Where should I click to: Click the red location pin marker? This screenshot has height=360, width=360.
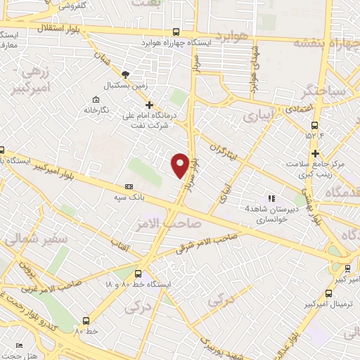click(x=180, y=164)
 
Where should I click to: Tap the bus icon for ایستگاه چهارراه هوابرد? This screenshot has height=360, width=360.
click(x=176, y=32)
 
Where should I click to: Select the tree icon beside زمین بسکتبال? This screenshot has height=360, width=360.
click(x=126, y=73)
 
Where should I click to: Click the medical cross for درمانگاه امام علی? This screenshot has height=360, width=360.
click(x=149, y=105)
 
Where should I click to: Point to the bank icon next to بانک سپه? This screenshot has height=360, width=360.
click(x=129, y=186)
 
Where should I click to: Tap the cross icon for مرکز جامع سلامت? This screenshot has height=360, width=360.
click(x=316, y=153)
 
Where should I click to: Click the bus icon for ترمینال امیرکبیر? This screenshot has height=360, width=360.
click(x=347, y=268)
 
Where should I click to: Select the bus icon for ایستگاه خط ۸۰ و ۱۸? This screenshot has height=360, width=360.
click(x=138, y=274)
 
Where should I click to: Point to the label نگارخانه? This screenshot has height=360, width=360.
click(x=98, y=110)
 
